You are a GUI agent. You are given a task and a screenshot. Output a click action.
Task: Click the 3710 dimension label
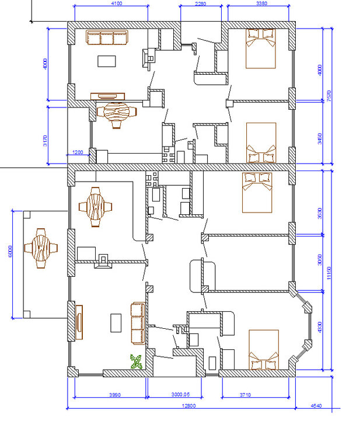(244, 395)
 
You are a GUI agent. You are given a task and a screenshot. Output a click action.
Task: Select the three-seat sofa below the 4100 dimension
(107, 38)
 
